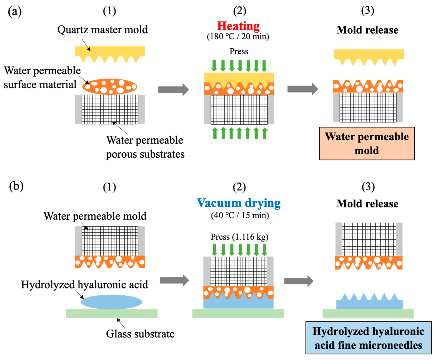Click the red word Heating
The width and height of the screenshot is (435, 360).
238,26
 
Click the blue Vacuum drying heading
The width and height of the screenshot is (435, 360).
239,203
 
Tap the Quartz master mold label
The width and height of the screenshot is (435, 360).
102,30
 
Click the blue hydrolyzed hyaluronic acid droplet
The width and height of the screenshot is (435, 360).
111,302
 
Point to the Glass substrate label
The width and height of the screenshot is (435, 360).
140,334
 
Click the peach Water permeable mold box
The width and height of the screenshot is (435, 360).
367,143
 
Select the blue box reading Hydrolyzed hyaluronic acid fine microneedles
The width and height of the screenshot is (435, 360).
368,338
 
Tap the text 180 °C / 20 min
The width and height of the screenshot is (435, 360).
238,36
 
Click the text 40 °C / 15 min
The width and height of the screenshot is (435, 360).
240,215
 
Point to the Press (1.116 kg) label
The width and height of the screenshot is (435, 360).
239,237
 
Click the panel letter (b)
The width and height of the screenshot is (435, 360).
16,186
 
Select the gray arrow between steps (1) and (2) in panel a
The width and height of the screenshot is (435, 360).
173,89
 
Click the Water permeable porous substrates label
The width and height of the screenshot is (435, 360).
145,147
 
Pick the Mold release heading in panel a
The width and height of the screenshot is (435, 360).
367,30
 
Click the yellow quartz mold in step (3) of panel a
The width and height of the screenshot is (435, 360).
368,55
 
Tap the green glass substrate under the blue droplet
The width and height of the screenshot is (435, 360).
111,313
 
